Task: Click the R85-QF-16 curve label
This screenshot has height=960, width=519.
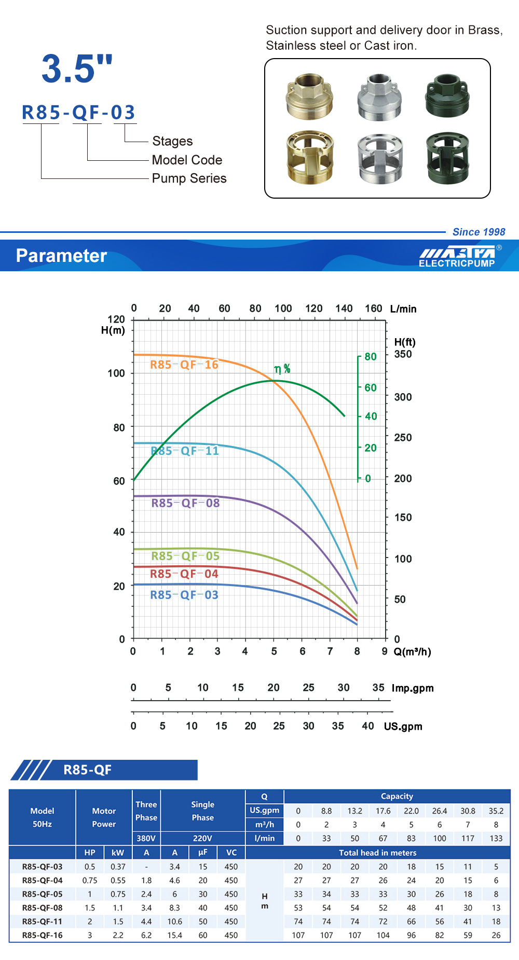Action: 184,365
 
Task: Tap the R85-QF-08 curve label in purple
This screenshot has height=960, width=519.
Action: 185,503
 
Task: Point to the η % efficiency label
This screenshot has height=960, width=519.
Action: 282,369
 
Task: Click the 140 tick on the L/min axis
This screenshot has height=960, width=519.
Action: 344,309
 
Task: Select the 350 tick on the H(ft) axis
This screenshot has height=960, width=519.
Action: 403,354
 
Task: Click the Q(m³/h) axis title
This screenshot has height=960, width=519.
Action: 413,652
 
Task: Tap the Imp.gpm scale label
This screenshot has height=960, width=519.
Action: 413,688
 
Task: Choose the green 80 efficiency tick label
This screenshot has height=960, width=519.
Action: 371,357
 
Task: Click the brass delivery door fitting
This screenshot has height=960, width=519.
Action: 310,96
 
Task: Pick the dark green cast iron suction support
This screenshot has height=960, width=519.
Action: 448,158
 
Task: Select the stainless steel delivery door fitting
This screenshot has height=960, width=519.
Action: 379,96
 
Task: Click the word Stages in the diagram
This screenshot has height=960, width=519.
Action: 172,141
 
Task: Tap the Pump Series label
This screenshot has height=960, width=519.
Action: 189,178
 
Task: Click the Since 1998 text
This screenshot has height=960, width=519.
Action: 479,232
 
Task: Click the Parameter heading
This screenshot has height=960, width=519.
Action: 61,256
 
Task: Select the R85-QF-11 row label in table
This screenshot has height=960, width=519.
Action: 42,922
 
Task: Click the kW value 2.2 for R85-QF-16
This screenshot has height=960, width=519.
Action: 118,935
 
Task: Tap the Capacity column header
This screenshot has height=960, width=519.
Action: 397,796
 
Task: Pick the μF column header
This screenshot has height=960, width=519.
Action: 202,853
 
